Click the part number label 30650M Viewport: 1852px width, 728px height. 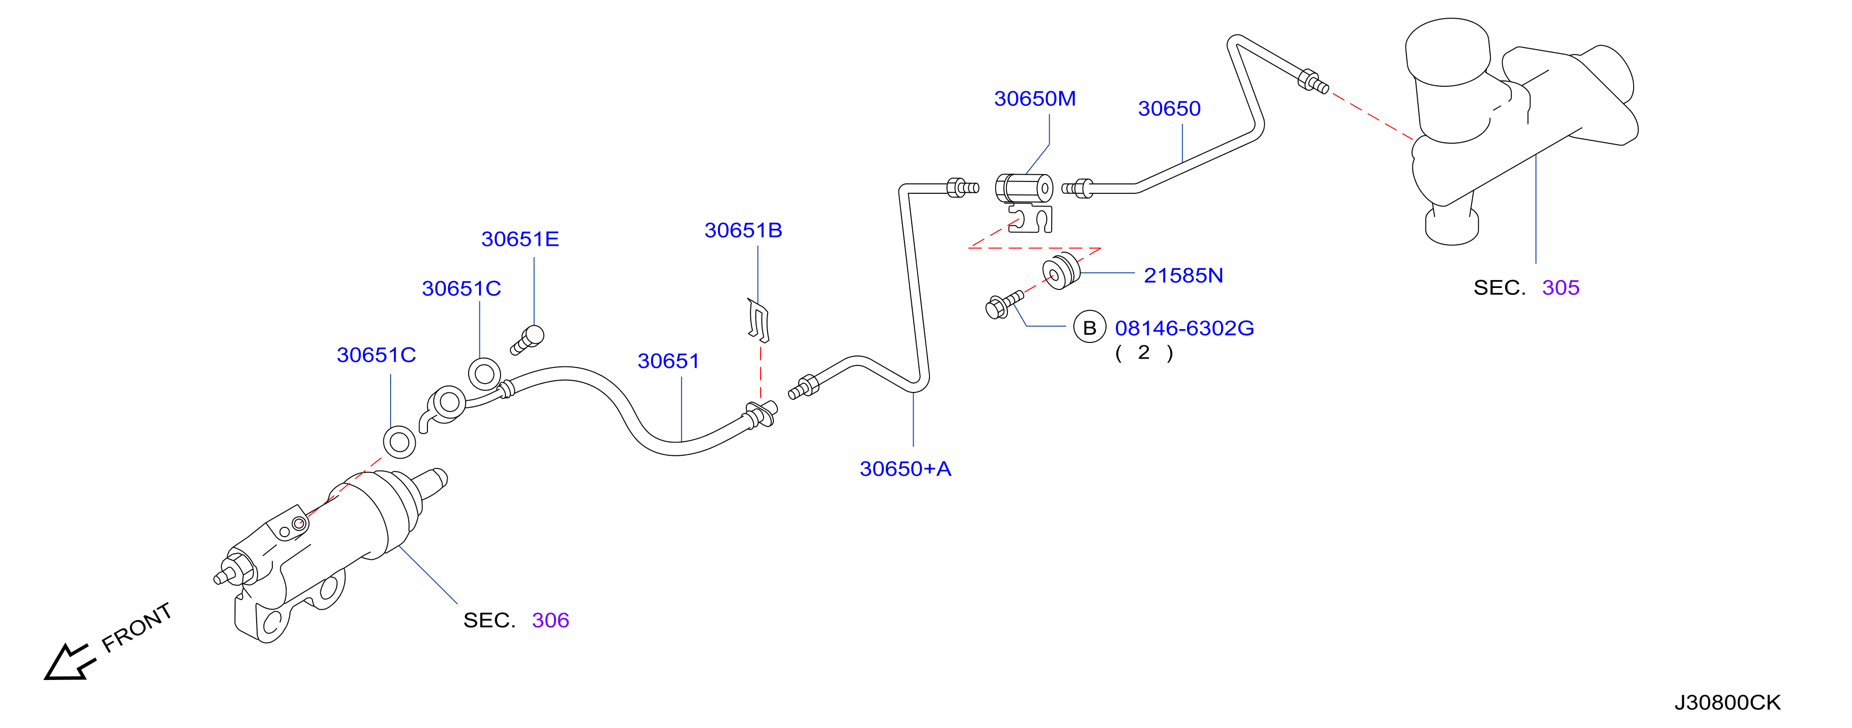pyautogui.click(x=1034, y=99)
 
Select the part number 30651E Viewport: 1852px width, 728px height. pyautogui.click(x=520, y=238)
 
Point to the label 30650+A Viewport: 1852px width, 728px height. pyautogui.click(x=905, y=468)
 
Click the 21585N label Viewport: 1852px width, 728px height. pyautogui.click(x=1183, y=275)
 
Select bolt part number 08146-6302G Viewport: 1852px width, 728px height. pyautogui.click(x=1184, y=328)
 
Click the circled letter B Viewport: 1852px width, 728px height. pyautogui.click(x=1089, y=328)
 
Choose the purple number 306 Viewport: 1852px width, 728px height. pyautogui.click(x=550, y=620)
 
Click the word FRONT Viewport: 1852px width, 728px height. pyautogui.click(x=136, y=627)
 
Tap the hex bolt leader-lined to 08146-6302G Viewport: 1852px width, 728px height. pyautogui.click(x=1004, y=304)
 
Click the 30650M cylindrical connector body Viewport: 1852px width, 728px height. pyautogui.click(x=1024, y=189)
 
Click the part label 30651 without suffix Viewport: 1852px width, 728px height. pyautogui.click(x=668, y=361)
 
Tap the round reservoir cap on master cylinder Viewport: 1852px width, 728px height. pyautogui.click(x=1447, y=52)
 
